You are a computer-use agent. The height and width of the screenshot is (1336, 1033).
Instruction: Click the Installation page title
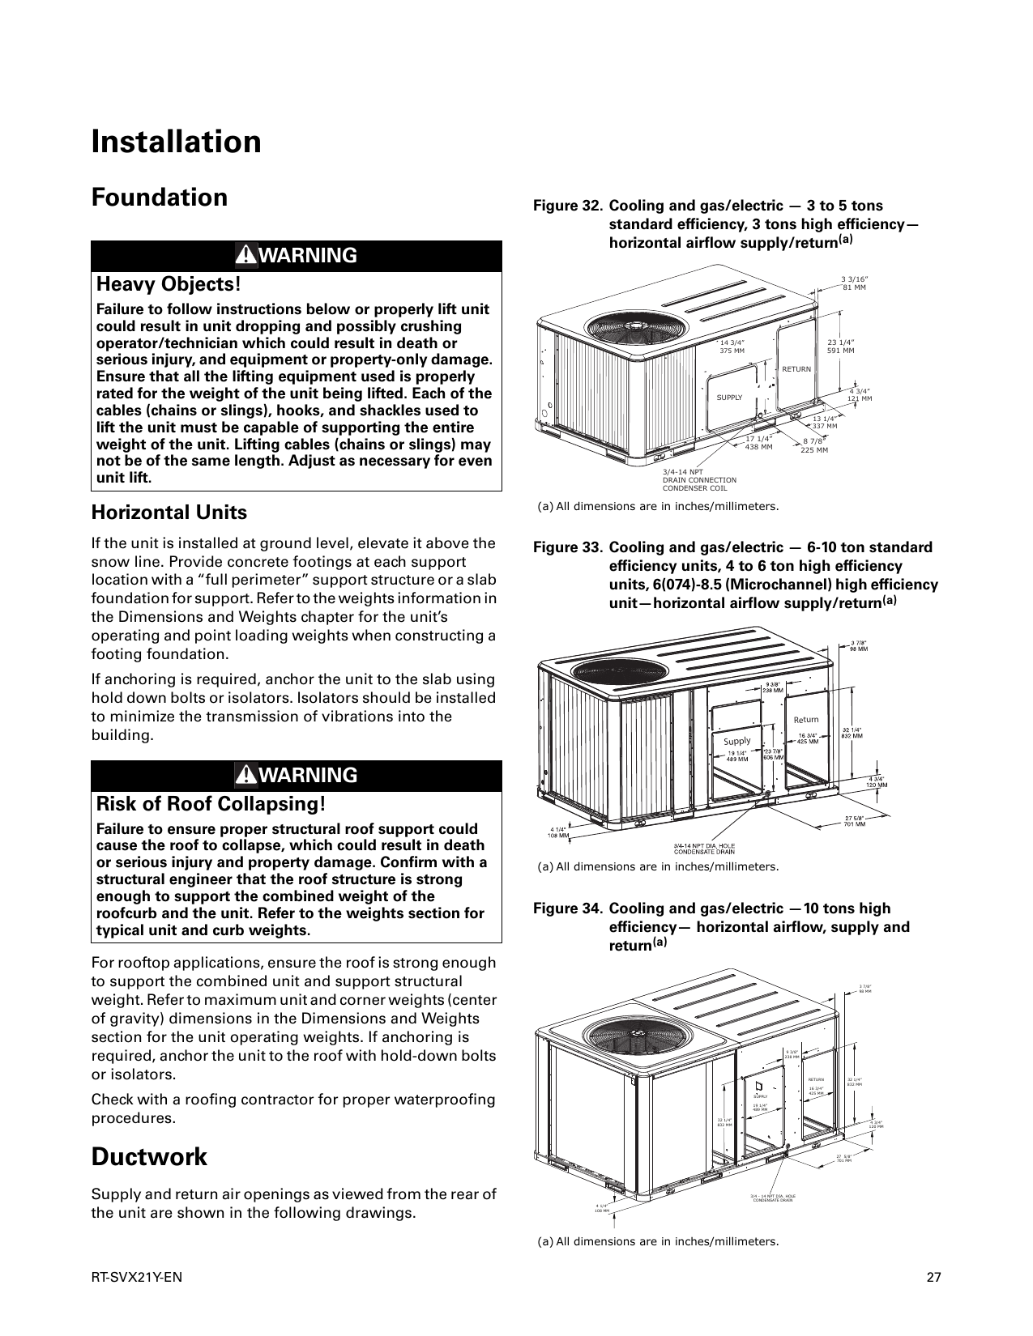[176, 142]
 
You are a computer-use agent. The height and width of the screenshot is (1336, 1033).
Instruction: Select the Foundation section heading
[159, 198]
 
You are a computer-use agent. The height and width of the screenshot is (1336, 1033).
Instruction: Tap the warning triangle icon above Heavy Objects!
[245, 256]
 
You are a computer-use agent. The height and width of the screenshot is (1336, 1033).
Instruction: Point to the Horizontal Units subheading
[169, 513]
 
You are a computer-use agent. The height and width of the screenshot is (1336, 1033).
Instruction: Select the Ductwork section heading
[149, 1157]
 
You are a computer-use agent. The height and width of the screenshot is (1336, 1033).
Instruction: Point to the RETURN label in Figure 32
[796, 369]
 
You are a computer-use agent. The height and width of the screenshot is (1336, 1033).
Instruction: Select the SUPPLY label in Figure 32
[729, 398]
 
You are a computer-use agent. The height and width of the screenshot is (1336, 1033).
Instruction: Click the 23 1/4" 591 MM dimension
[840, 347]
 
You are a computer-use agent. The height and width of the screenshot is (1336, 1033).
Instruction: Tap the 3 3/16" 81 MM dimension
[853, 283]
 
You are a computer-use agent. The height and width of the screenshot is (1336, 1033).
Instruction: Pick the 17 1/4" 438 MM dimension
[758, 442]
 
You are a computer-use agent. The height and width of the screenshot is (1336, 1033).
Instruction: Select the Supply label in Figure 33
[736, 741]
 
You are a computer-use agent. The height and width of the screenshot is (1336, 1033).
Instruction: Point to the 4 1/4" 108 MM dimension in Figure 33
[558, 832]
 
